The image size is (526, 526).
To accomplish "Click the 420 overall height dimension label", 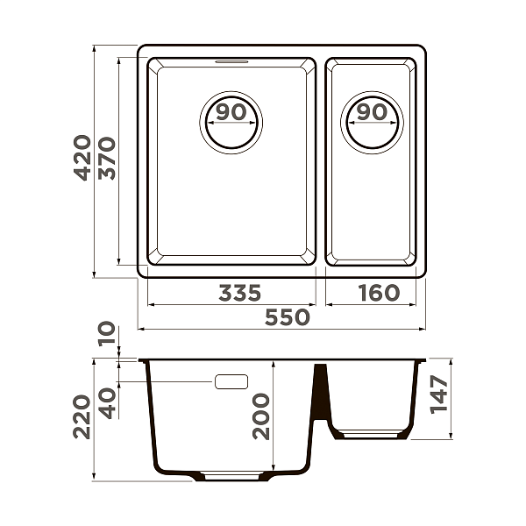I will [x=82, y=158].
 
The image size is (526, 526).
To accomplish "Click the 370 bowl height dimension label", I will [x=108, y=158].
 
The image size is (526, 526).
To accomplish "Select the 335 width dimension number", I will [x=239, y=293].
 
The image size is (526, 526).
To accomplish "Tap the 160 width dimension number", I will [x=378, y=293].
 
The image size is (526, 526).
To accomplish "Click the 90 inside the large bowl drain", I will [x=231, y=112].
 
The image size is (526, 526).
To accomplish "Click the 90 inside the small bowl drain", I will [x=372, y=112].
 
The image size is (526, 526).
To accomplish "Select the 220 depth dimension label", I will [x=82, y=416].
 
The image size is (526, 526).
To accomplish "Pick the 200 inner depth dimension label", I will [x=261, y=416].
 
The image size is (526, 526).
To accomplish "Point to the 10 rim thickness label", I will [x=106, y=334].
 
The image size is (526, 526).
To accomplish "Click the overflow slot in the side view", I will [x=231, y=381].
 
